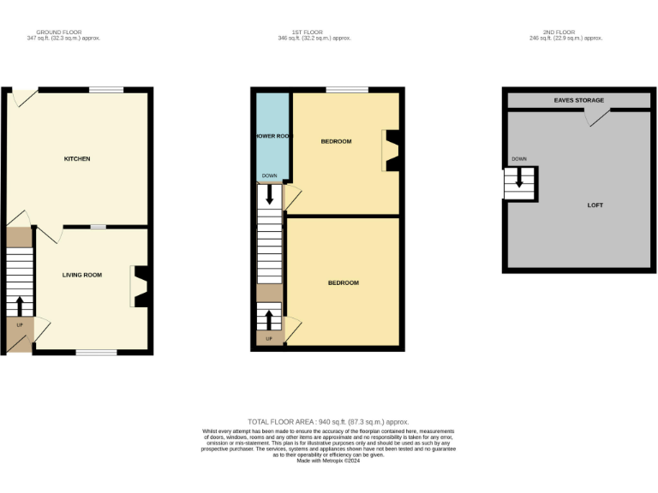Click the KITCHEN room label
tap(77, 159)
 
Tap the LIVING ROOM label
tap(81, 275)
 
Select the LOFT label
tap(595, 205)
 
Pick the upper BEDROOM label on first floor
tap(336, 141)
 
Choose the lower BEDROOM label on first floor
tap(343, 282)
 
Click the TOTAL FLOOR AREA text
tap(328, 422)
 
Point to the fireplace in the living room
tap(141, 286)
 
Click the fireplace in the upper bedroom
tap(391, 150)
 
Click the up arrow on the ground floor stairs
tap(20, 306)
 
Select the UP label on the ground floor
tap(20, 325)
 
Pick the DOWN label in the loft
tap(518, 159)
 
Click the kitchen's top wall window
tap(106, 90)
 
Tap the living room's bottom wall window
tap(96, 352)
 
